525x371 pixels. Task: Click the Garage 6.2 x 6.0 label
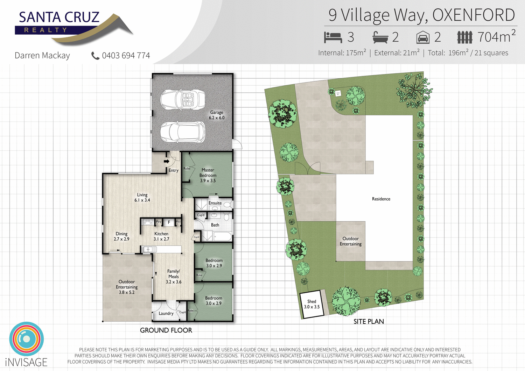point(216,115)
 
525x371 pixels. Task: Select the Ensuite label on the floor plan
point(215,203)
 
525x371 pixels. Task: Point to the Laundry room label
point(166,313)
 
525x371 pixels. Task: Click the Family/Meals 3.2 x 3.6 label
point(174,276)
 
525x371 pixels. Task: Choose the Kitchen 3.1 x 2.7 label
point(161,236)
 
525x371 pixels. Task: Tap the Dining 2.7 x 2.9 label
point(121,236)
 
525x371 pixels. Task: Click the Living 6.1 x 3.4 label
point(142,198)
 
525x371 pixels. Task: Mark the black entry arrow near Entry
point(167,161)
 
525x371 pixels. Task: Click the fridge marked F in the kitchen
point(169,222)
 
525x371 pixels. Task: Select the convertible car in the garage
point(183,99)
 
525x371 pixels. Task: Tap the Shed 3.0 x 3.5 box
point(311,304)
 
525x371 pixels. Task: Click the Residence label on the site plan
point(381,199)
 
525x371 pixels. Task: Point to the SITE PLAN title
point(369,321)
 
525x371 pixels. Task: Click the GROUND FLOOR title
point(166,330)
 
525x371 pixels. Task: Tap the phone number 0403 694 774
point(126,56)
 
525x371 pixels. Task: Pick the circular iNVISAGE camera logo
point(26,339)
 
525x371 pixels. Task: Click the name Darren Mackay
point(42,56)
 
